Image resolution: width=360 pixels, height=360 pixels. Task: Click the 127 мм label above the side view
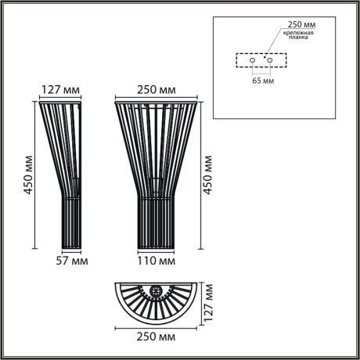[x=59, y=88]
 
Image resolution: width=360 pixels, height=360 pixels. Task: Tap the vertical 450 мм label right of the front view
[x=209, y=173]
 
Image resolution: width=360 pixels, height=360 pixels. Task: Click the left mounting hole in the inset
[x=252, y=59]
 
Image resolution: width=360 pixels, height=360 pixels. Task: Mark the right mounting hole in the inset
[x=269, y=59]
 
